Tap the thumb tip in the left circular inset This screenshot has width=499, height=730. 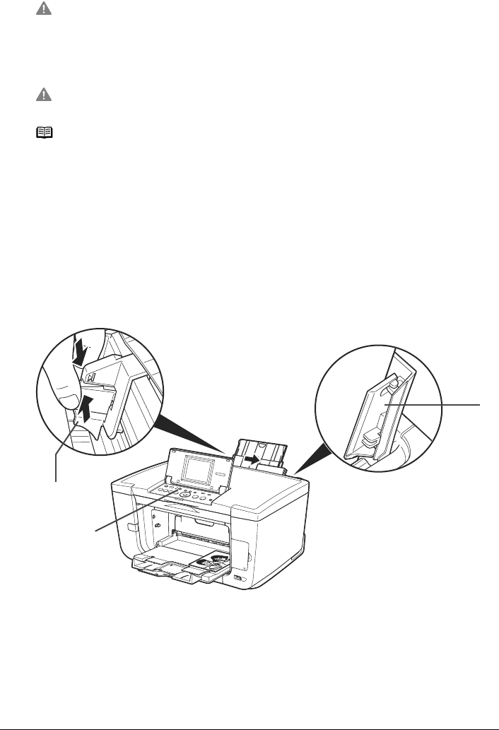[x=64, y=396]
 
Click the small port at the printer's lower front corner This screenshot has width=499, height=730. [x=237, y=579]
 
